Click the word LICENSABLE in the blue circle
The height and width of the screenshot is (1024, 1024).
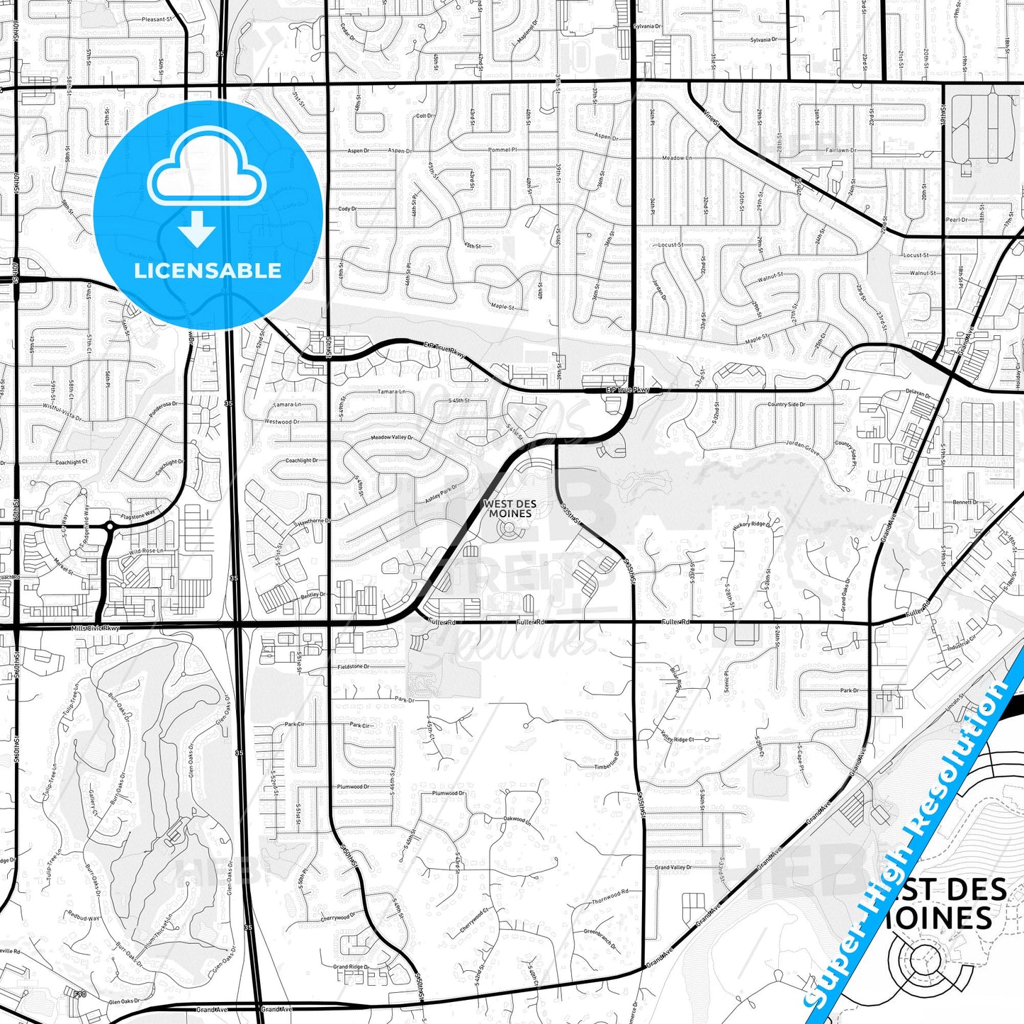point(208,271)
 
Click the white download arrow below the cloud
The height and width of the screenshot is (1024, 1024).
point(197,229)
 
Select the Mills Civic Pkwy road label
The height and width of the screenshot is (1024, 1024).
point(96,628)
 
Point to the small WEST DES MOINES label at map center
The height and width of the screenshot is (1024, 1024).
point(510,508)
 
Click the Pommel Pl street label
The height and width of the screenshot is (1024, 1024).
point(503,150)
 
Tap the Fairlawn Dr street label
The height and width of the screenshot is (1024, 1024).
point(841,150)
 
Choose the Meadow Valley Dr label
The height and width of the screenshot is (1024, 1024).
point(392,438)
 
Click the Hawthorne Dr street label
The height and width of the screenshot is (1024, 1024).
point(314,521)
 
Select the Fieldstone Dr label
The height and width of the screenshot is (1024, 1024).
point(353,666)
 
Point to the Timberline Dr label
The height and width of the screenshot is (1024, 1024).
point(607,766)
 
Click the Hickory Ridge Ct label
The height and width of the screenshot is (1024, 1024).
point(749,524)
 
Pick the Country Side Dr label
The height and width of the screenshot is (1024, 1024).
point(786,405)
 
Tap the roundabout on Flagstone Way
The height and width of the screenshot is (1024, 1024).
point(110,527)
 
